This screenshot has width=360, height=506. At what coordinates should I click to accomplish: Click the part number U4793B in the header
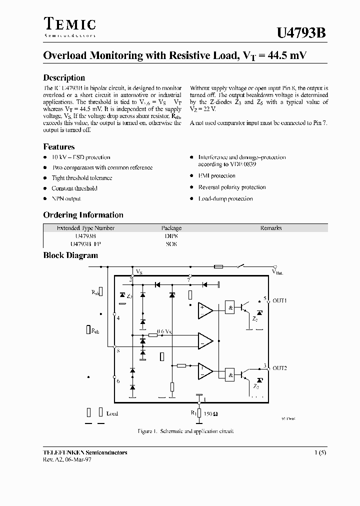click(x=301, y=33)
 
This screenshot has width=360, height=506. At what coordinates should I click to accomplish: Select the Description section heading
click(x=64, y=77)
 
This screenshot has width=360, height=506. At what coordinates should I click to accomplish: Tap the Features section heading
click(x=59, y=147)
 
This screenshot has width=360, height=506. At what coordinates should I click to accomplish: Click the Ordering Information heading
click(x=83, y=215)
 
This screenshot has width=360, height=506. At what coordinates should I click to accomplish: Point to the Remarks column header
click(x=270, y=228)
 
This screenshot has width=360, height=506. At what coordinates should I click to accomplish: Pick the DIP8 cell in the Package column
click(x=171, y=236)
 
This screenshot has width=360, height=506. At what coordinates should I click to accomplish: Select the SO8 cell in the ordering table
click(x=171, y=244)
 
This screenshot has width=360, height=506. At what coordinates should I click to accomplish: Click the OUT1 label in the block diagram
click(x=279, y=301)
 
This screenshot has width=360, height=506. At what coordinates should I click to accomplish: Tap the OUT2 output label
click(x=279, y=368)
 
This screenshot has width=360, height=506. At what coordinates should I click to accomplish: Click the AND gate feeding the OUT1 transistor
click(x=230, y=308)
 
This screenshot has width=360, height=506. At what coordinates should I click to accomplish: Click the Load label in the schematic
click(x=112, y=413)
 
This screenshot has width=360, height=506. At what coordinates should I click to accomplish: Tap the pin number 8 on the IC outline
click(x=117, y=351)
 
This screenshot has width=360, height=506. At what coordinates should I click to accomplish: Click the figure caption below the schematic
click(x=185, y=431)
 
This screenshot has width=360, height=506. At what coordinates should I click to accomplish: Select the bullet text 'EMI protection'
click(x=216, y=176)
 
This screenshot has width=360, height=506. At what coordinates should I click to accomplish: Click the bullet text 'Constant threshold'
click(x=74, y=188)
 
